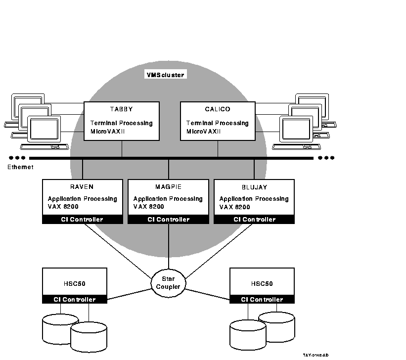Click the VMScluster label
[x=165, y=75]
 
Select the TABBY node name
[x=122, y=109]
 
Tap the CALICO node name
[x=218, y=109]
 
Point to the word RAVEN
[x=82, y=187]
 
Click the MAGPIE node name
[x=168, y=187]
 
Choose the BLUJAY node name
[x=254, y=187]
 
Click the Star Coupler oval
[x=169, y=282]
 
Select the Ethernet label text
[x=20, y=167]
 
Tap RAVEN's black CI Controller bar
[x=82, y=220]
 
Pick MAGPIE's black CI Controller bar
[x=168, y=220]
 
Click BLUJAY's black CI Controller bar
[x=254, y=220]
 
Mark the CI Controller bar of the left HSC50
[x=74, y=299]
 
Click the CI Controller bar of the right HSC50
[x=262, y=299]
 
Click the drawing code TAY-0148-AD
[x=316, y=355]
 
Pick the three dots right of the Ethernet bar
[x=326, y=158]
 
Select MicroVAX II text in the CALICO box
[x=203, y=132]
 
